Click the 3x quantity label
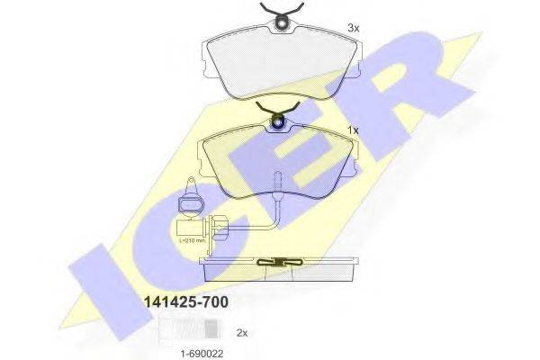tap(353, 28)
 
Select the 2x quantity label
tap(242, 332)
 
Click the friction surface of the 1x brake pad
tap(280, 162)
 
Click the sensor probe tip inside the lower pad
tap(279, 193)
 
